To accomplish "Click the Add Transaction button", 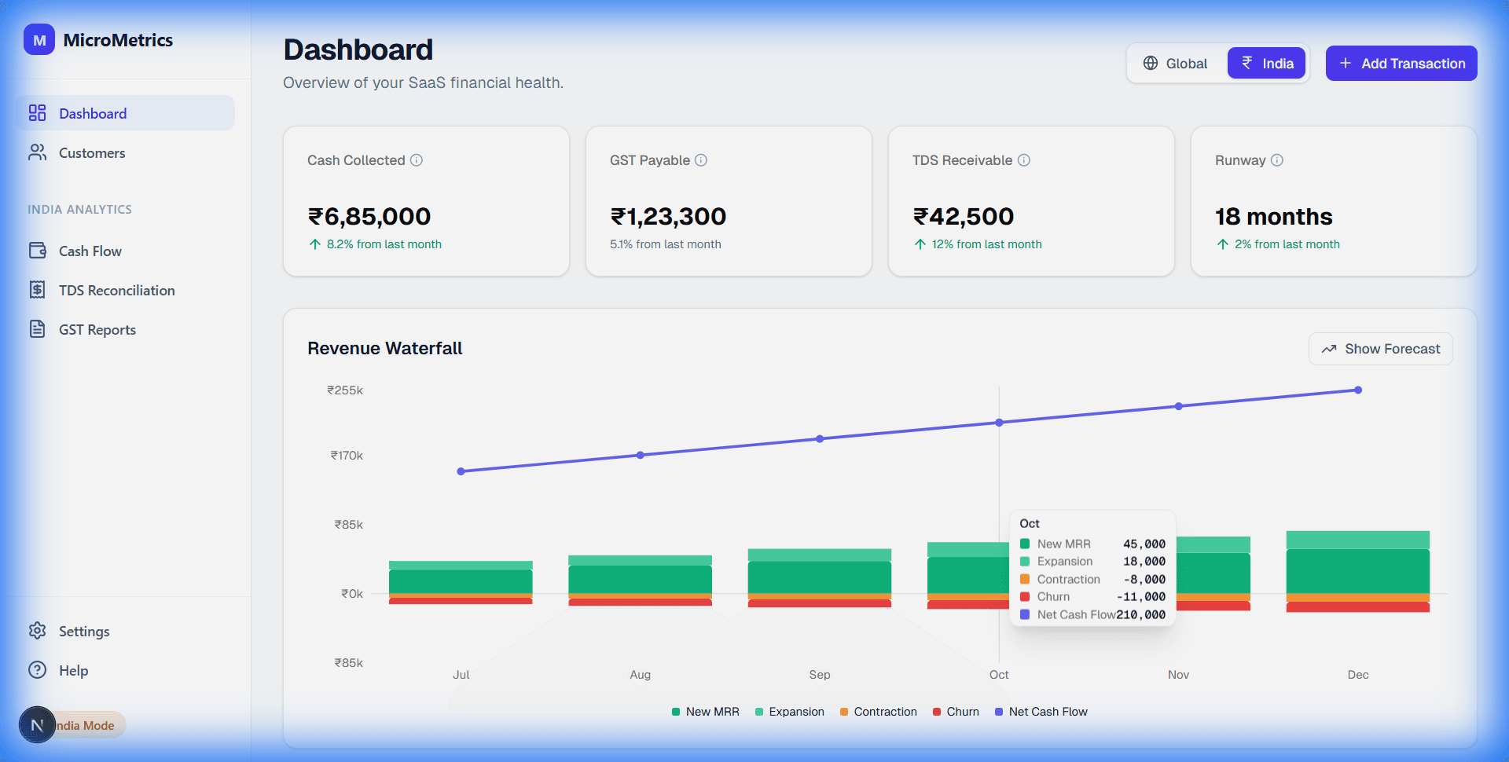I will click(x=1401, y=64).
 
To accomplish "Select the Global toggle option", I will click(x=1176, y=64).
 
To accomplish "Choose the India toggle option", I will click(x=1266, y=64).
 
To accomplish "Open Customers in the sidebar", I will click(x=92, y=153).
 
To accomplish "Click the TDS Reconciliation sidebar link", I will click(x=116, y=291).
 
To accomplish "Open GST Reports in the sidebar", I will click(x=97, y=330).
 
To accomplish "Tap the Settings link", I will click(x=83, y=632).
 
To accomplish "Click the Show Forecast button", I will click(x=1380, y=349).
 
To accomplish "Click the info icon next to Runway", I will click(x=1277, y=160).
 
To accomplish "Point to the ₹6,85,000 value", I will click(x=369, y=217).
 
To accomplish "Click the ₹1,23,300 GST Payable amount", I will click(x=668, y=217).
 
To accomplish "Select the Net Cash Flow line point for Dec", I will click(x=1357, y=390).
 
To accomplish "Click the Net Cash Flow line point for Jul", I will click(x=461, y=471).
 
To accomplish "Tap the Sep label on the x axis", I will click(x=819, y=675).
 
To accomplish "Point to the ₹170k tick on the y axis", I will click(x=347, y=456).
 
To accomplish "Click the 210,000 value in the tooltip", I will click(x=1141, y=615).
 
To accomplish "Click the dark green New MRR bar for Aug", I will click(x=640, y=580).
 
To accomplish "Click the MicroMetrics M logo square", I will click(x=39, y=40).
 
